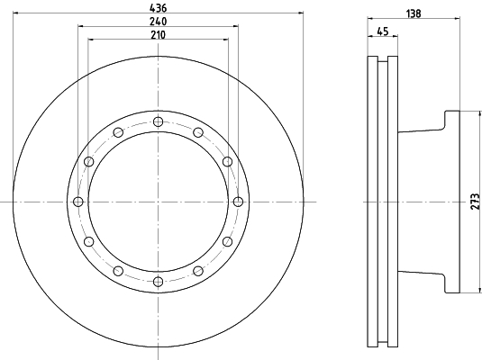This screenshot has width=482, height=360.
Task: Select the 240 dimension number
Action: pyautogui.click(x=157, y=21)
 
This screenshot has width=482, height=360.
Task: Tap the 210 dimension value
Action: pyautogui.click(x=157, y=34)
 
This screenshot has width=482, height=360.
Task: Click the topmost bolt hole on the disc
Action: pyautogui.click(x=158, y=121)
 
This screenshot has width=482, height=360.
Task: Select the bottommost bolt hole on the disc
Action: pyautogui.click(x=158, y=282)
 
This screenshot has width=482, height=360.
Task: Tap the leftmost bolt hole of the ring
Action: pyautogui.click(x=77, y=202)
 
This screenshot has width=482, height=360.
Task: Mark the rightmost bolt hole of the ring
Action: pyautogui.click(x=238, y=202)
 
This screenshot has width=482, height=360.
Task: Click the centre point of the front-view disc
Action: pyautogui.click(x=158, y=202)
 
